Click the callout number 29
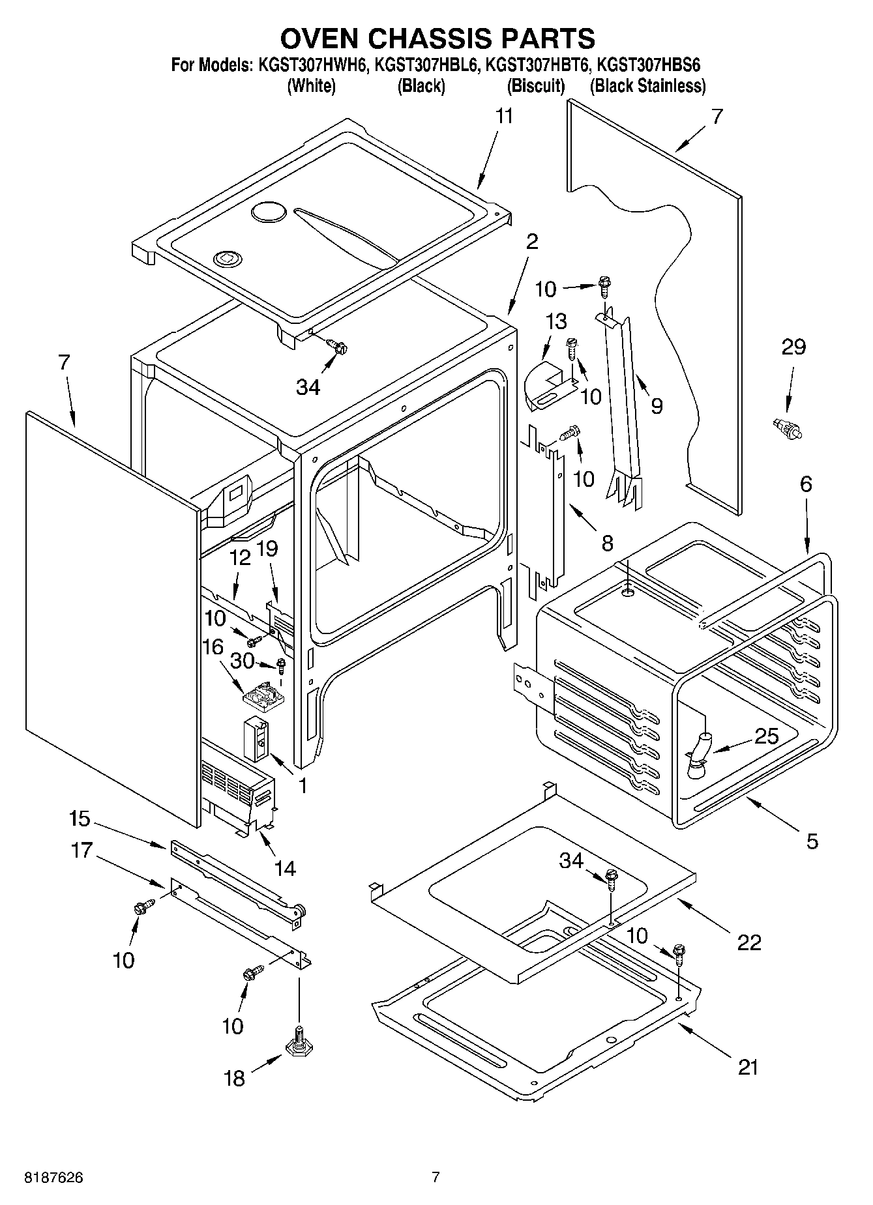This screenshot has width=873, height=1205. (793, 347)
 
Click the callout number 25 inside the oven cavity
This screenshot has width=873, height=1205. (766, 736)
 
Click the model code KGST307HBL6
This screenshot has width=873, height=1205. (426, 65)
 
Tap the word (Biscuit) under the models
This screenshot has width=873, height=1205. (536, 86)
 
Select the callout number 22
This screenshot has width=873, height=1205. (748, 942)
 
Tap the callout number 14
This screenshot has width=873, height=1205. (285, 867)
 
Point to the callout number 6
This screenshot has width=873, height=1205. (806, 484)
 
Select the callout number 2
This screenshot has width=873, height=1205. (532, 242)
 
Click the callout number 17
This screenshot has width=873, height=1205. (82, 850)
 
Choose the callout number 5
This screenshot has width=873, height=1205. (812, 841)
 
